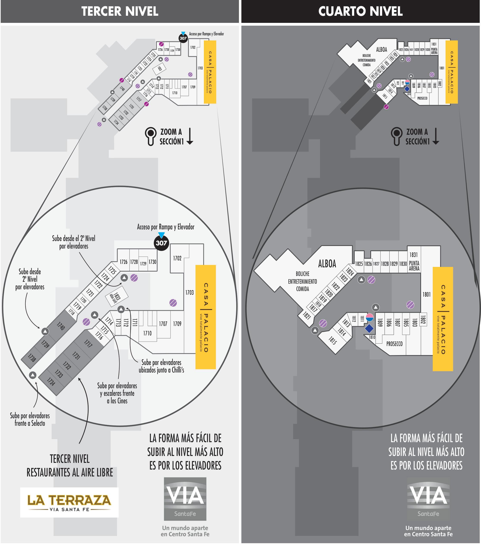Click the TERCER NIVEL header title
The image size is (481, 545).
(x=120, y=11)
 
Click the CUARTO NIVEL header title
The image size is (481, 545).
(x=360, y=11)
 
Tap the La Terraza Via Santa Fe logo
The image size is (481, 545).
(x=69, y=502)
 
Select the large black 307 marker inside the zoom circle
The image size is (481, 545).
(x=161, y=243)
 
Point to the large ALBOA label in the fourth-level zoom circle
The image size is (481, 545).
(x=327, y=264)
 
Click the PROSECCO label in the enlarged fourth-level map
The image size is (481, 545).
(x=394, y=344)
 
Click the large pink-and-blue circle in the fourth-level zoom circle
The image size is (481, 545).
(x=370, y=317)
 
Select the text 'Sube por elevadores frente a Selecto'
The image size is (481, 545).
(x=30, y=419)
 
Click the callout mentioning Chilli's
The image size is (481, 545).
(x=161, y=366)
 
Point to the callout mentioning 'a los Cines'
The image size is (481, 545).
(x=117, y=393)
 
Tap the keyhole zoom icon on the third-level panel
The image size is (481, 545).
(x=151, y=136)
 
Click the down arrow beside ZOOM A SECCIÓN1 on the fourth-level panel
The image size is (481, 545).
(x=436, y=136)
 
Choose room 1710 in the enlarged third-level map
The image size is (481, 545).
(x=147, y=333)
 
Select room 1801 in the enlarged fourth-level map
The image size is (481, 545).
(x=426, y=294)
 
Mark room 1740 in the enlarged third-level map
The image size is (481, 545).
(x=61, y=326)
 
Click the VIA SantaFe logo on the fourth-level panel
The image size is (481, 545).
(x=428, y=499)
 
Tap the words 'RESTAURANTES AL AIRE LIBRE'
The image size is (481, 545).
(x=70, y=473)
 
